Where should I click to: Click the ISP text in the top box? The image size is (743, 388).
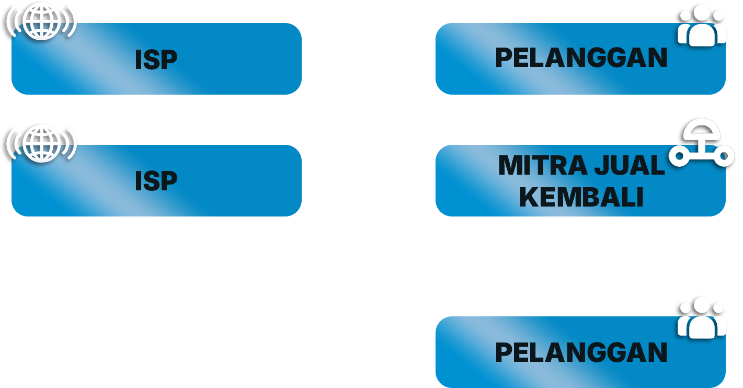coord(156,60)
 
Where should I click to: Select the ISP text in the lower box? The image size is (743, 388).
coord(156,181)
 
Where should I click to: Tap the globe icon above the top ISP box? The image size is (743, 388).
coord(42,22)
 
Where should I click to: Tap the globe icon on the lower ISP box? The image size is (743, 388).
coord(42,143)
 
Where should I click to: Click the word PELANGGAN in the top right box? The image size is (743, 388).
coord(581,58)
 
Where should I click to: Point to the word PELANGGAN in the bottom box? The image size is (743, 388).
coord(581,352)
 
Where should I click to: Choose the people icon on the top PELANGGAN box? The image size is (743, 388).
coord(701,26)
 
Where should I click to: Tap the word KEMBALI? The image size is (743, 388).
coord(581,197)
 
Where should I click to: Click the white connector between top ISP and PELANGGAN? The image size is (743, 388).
coord(372,56)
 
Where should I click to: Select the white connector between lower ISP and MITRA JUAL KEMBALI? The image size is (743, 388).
coord(372,174)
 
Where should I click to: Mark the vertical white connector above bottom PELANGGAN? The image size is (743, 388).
coord(590,267)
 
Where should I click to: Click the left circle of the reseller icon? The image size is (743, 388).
coord(680,155)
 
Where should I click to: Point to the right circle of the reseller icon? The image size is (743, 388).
coord(724,155)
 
